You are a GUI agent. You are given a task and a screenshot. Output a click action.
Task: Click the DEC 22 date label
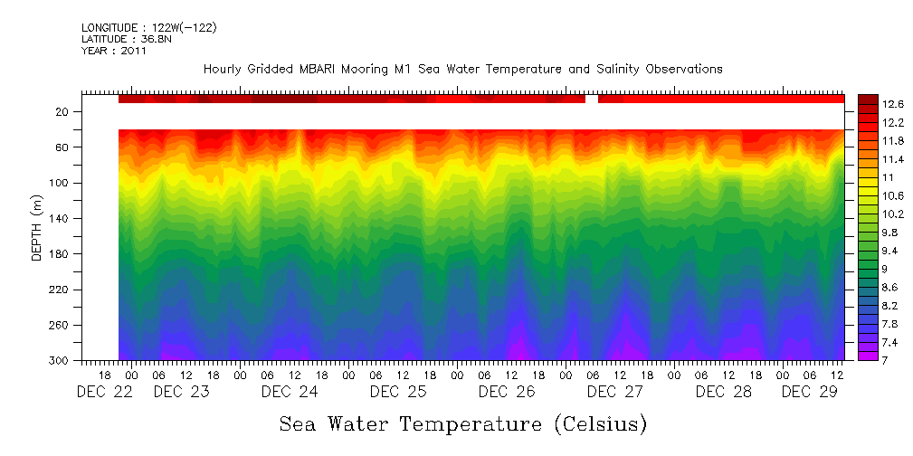[x=99, y=392]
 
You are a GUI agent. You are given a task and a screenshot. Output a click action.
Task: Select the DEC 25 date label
[x=398, y=392]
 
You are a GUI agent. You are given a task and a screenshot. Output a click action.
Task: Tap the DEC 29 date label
[x=809, y=392]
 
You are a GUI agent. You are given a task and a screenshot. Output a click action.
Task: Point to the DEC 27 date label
[x=615, y=392]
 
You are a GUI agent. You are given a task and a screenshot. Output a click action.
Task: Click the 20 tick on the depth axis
[x=62, y=111]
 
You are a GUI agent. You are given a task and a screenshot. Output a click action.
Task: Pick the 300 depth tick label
[x=59, y=361]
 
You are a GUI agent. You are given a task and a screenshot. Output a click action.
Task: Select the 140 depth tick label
[x=59, y=218]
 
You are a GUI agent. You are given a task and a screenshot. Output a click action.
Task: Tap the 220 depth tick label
[x=59, y=290]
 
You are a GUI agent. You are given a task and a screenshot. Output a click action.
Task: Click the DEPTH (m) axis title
[x=37, y=233]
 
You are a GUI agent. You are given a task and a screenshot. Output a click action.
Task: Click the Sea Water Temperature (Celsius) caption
[x=463, y=423]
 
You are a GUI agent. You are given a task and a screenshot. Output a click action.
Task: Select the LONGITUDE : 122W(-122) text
[x=148, y=28]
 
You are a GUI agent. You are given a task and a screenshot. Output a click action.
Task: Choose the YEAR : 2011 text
[x=114, y=52]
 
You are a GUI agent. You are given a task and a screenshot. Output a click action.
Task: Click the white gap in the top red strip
[x=592, y=99]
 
